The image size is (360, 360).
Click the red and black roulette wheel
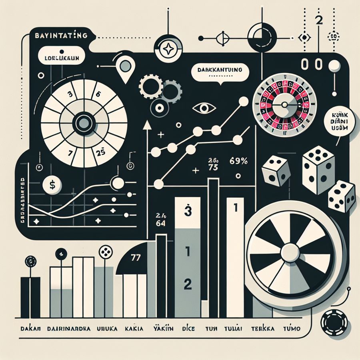coord(284,104)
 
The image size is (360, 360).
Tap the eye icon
coord(204,108)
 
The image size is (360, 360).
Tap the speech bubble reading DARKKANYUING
coord(220,70)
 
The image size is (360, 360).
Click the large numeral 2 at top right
coord(319,20)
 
